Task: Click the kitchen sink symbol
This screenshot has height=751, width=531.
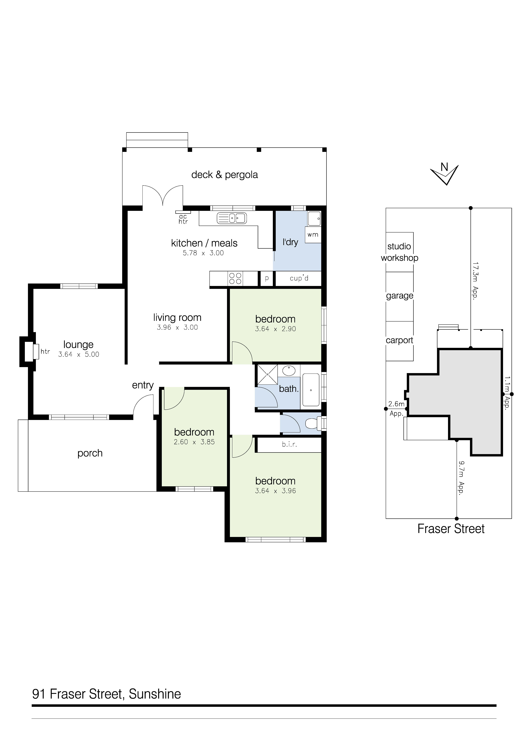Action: click(x=232, y=218)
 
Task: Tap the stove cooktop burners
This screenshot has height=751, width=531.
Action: click(x=235, y=278)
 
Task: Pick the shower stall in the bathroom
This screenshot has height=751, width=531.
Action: click(x=267, y=374)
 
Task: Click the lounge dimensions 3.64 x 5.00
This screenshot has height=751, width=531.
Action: click(x=78, y=354)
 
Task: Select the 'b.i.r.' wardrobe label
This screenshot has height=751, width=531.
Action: click(x=290, y=444)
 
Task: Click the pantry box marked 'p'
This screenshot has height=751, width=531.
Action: click(x=267, y=278)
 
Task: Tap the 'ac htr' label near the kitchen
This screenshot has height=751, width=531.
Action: click(x=183, y=219)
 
